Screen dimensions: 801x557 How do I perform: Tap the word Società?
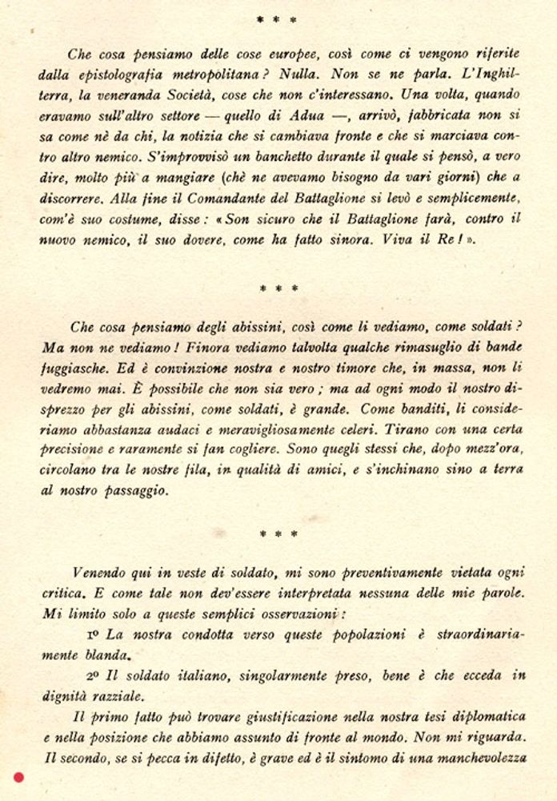pyautogui.click(x=197, y=94)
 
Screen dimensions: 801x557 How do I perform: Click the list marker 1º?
pyautogui.click(x=92, y=634)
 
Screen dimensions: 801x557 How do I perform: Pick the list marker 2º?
pyautogui.click(x=92, y=675)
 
